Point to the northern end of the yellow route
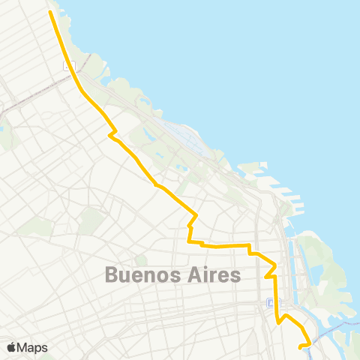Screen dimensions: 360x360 pyautogui.click(x=50, y=12)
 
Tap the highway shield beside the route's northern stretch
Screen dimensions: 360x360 pyautogui.click(x=70, y=66)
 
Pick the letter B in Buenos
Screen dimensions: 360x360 pyautogui.click(x=112, y=275)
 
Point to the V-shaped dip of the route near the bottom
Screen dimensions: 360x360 pyautogui.click(x=280, y=322)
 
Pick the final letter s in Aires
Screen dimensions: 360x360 pyautogui.click(x=236, y=275)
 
